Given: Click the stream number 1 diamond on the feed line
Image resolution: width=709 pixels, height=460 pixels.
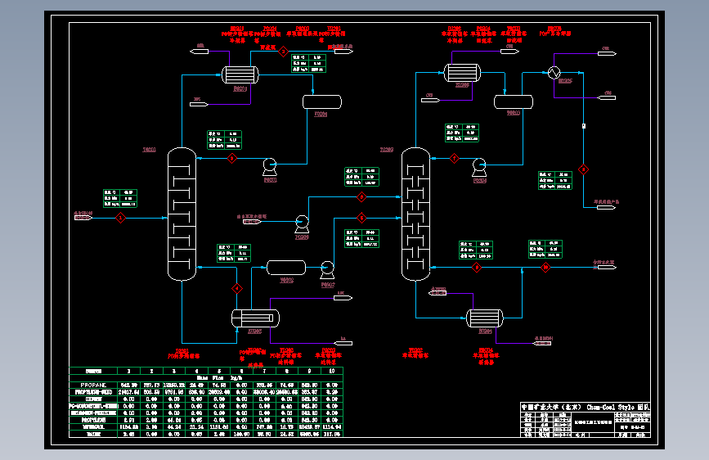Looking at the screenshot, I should (119, 217).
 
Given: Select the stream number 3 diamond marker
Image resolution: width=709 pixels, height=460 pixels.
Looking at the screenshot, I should (231, 157).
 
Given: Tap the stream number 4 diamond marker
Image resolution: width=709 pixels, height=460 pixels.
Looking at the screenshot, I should (238, 288).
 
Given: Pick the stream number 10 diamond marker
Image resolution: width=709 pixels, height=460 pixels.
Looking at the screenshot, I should (584, 170).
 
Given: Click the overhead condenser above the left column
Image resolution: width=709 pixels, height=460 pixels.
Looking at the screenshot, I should (240, 75).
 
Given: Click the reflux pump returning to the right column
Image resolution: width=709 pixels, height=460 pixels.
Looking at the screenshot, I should (479, 165).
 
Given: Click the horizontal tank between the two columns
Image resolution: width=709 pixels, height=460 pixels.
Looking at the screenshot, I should (286, 267).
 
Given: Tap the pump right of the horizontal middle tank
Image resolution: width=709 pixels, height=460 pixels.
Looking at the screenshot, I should (327, 267).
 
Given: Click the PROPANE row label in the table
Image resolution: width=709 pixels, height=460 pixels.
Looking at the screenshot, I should (92, 385).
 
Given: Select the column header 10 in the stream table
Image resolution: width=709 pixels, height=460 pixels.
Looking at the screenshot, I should (330, 371).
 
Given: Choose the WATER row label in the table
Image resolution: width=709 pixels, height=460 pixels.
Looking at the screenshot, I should (92, 434).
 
